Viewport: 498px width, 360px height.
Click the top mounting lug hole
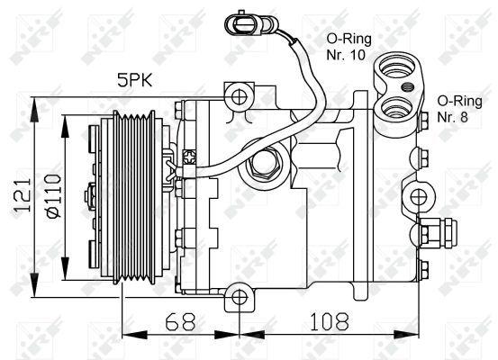pyautogui.click(x=239, y=95)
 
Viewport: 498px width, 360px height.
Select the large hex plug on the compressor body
pyautogui.click(x=266, y=164)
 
